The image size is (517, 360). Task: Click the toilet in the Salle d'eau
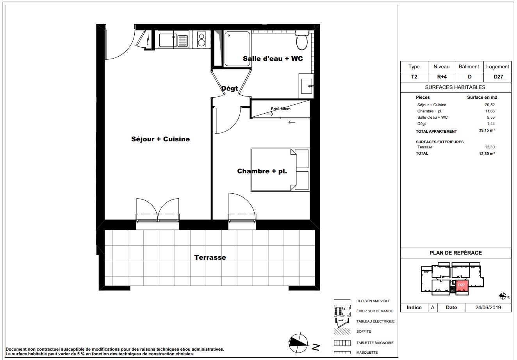coord(302,40)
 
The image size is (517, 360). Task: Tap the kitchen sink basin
coord(167,40)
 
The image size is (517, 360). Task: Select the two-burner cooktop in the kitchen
coord(201,40)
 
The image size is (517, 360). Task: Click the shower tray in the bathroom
coord(237,49)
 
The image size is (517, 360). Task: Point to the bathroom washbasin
coord(307,86)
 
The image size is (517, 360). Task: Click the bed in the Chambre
coord(280,170)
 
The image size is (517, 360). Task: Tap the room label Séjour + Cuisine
coord(160,139)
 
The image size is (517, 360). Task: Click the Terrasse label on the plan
coord(210,257)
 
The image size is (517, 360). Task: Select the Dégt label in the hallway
coord(230,88)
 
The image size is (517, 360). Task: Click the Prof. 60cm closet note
coord(281,109)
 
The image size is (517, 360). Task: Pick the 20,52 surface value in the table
coord(490,105)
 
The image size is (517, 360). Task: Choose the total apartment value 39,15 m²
coord(487,130)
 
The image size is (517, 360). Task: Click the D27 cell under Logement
coord(498,77)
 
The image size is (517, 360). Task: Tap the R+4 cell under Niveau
coord(442,77)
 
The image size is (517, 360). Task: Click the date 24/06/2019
coord(488,308)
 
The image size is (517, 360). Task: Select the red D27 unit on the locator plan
coord(462,286)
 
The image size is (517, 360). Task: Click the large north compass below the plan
coord(299,344)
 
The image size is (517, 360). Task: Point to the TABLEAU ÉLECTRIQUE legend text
coord(376,321)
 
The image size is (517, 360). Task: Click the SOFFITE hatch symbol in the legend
coord(342,331)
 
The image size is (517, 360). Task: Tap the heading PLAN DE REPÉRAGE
coord(456,253)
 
